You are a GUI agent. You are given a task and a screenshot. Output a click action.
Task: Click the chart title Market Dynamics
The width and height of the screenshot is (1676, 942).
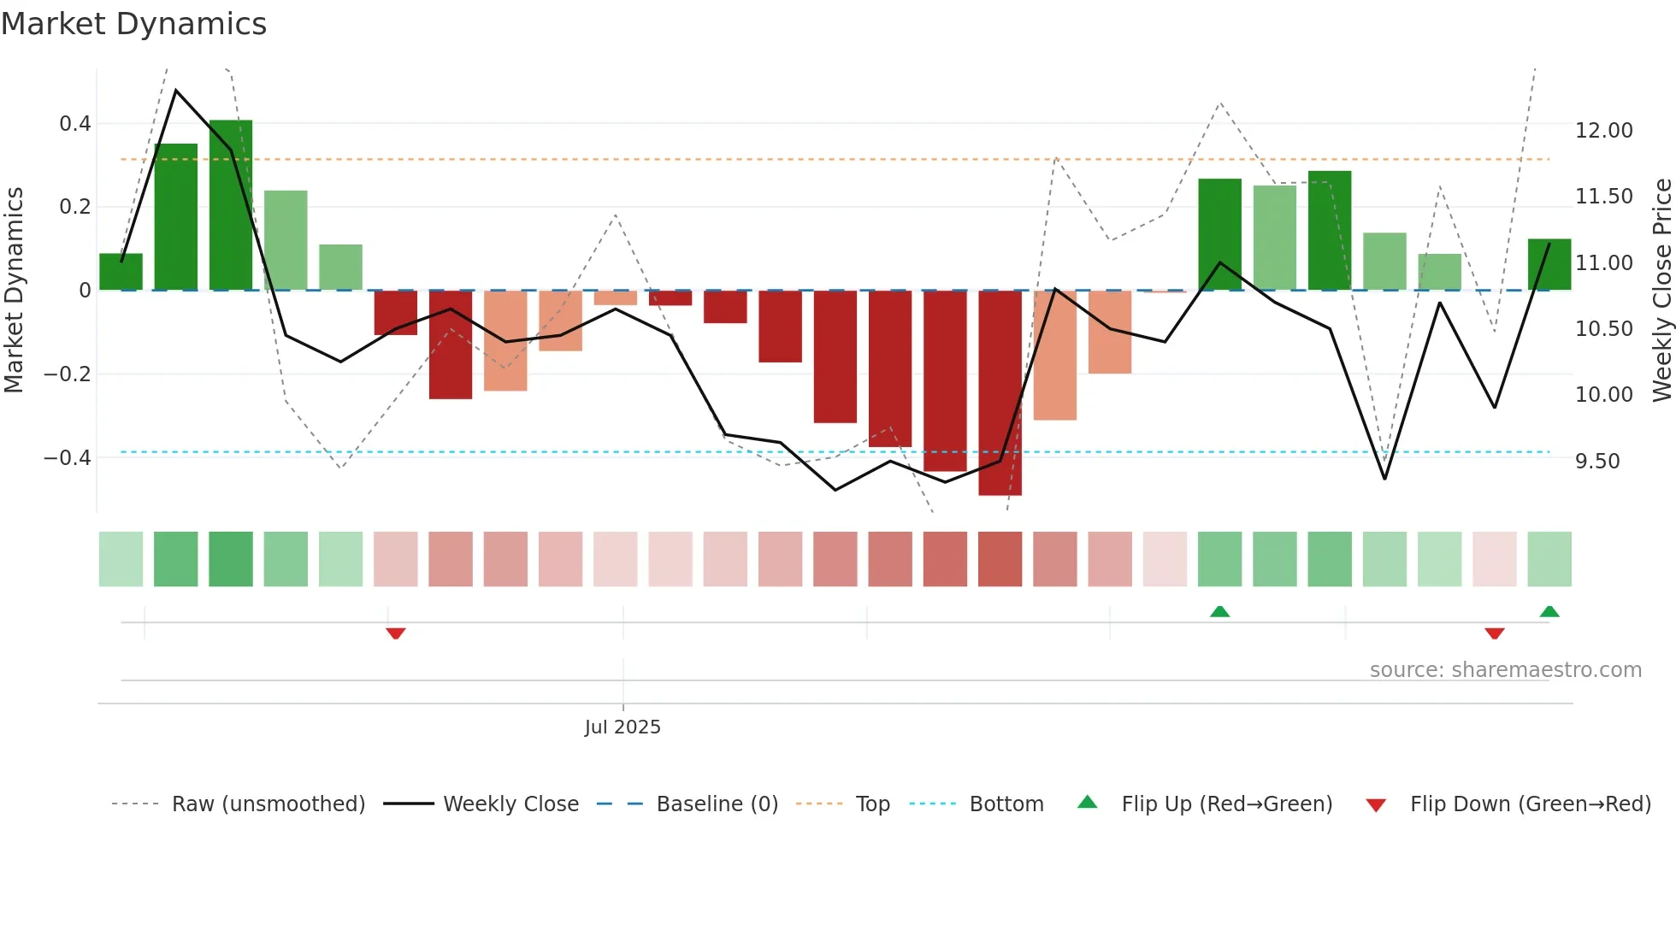133,24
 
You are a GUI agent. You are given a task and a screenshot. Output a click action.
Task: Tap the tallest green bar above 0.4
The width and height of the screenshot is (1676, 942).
231,205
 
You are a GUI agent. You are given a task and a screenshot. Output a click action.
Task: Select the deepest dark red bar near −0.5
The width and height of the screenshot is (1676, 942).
1000,393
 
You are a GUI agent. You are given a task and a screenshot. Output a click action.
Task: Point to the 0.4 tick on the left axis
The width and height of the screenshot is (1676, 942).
75,124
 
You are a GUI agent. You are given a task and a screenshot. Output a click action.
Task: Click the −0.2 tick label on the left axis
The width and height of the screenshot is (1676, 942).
68,374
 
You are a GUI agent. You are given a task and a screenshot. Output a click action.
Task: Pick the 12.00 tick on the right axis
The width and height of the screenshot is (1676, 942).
1603,131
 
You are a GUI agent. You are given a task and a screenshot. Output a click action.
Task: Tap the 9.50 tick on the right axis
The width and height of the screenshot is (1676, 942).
1596,462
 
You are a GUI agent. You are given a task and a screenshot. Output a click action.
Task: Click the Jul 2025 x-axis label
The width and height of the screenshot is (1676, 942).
623,727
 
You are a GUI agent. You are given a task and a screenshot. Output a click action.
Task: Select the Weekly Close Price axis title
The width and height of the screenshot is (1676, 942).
1661,291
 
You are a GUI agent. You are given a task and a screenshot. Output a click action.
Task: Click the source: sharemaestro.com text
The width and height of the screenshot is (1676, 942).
1505,670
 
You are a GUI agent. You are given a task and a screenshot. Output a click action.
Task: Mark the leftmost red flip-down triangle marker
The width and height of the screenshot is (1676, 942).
395,633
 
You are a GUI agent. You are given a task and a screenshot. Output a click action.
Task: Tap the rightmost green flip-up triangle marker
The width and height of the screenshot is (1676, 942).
1549,611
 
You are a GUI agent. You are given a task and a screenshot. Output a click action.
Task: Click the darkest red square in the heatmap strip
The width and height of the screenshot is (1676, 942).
1000,559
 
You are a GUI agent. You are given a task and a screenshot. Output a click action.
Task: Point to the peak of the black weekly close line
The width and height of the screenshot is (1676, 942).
176,90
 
